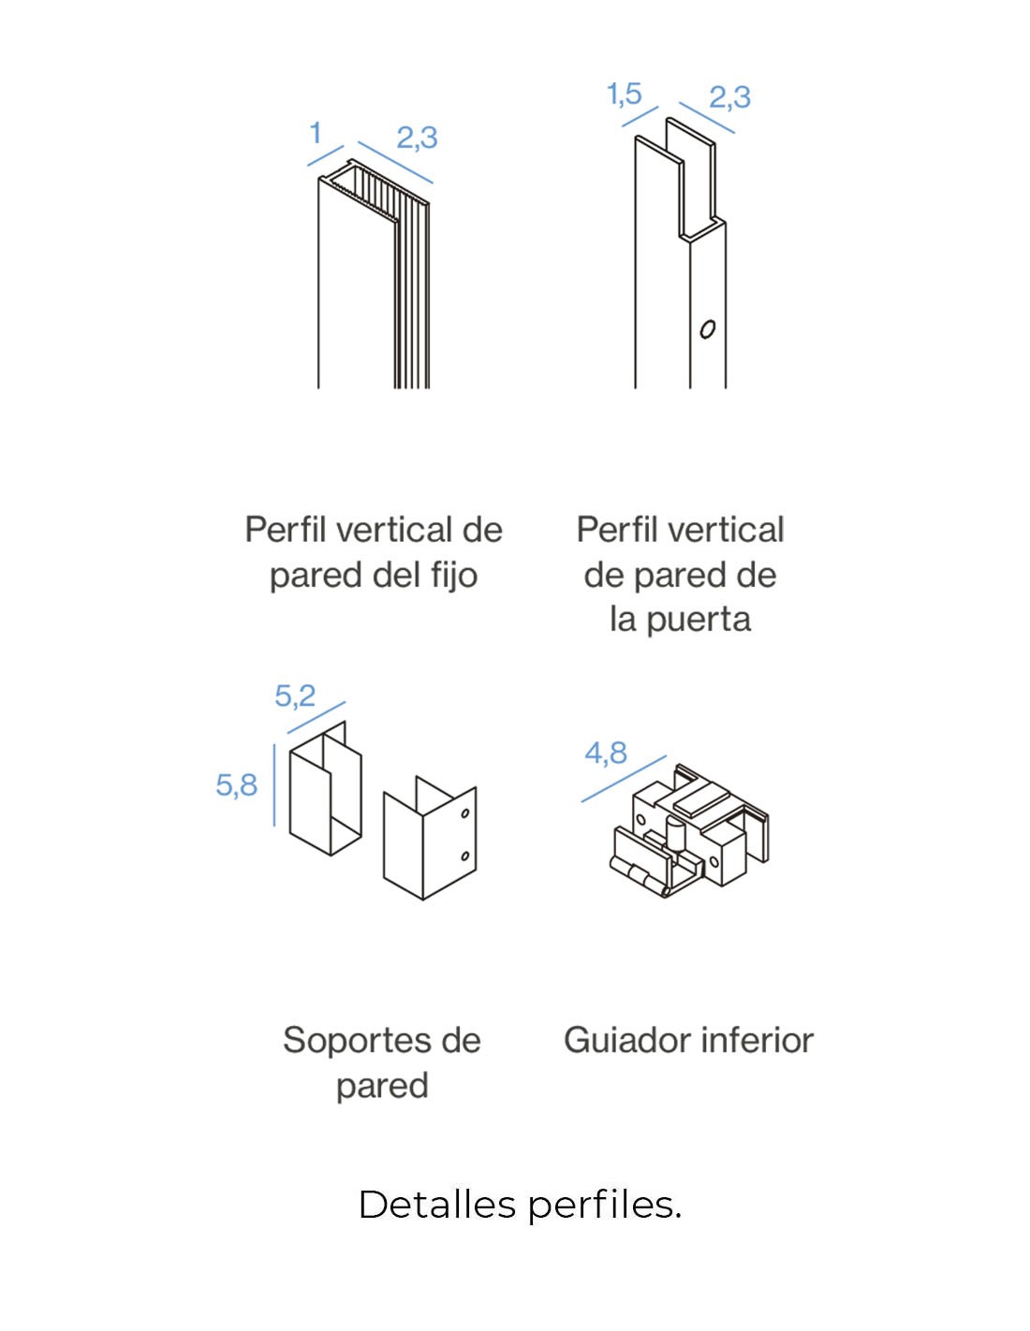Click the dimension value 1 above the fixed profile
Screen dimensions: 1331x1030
316,133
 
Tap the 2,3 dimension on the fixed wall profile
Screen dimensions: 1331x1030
417,138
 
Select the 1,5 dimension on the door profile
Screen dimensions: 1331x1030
624,94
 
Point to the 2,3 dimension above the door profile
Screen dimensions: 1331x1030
729,96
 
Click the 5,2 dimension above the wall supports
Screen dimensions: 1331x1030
295,695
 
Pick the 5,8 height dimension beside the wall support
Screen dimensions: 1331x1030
236,784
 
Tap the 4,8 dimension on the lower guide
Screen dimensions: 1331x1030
606,753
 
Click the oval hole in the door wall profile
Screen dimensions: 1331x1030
708,329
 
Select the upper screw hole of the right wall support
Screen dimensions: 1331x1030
464,813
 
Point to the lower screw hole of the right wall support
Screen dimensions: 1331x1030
464,856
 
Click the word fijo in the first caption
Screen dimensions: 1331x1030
454,575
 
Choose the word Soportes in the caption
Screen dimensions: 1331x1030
343,1040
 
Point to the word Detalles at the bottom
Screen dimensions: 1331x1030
437,1205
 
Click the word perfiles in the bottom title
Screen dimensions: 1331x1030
604,1205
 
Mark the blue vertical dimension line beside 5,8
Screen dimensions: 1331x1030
274,784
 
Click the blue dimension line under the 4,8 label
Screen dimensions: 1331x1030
624,779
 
